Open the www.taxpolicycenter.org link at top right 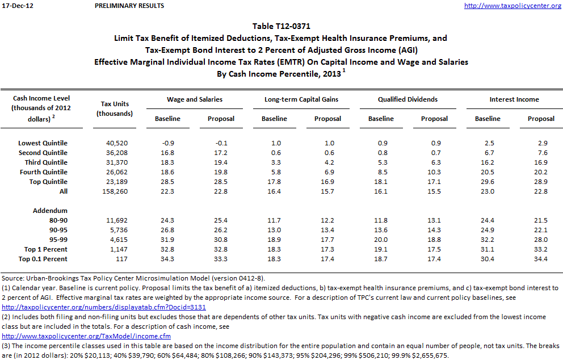coord(512,6)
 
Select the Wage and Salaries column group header coord(194,99)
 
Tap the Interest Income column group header coord(514,99)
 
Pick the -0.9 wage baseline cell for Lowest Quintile coord(168,143)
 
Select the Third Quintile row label coord(44,162)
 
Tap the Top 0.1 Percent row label coord(43,259)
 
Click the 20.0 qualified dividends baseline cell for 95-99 coord(381,240)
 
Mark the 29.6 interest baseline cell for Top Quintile coord(488,182)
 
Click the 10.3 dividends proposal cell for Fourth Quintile coord(434,172)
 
